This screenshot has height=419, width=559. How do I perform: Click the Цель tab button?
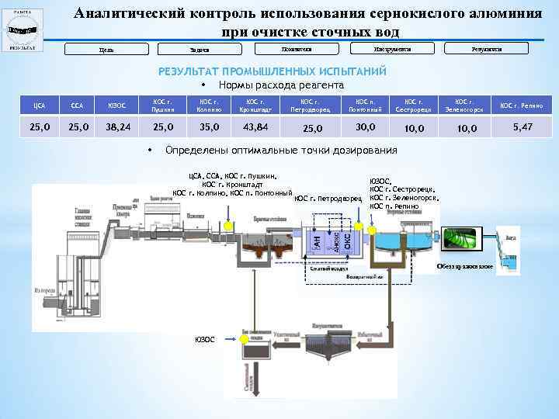106,50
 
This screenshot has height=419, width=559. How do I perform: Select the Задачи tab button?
200,50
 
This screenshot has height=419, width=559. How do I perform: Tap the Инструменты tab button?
392,49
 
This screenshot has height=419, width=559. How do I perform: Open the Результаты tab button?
487,49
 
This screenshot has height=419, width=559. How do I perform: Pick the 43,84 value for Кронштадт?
255,126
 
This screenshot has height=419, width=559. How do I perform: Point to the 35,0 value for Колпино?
209,126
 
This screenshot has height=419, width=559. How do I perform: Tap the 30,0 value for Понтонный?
365,126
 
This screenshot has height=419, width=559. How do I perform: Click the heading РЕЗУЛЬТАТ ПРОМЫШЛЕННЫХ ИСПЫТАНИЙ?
272,71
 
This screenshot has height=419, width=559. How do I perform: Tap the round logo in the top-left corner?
22,29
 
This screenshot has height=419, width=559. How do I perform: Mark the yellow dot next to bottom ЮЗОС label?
225,339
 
